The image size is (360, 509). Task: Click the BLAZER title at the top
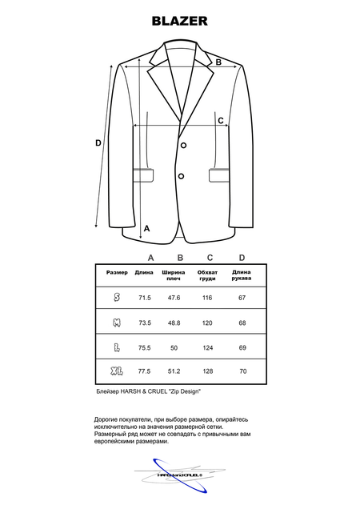(x=180, y=21)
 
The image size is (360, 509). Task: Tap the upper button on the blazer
(x=183, y=145)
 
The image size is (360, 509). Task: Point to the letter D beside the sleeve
(x=98, y=143)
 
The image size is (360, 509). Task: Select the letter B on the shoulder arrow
(x=218, y=62)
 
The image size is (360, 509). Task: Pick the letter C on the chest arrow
(x=222, y=120)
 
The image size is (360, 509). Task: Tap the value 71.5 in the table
(x=145, y=297)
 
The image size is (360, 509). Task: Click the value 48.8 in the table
(x=174, y=323)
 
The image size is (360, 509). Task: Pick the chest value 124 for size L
(x=208, y=348)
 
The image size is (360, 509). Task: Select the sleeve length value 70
(x=242, y=371)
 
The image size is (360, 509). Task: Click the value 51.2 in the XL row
(x=174, y=371)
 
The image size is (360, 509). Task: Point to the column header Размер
(x=117, y=273)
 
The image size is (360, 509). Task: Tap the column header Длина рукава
(x=242, y=276)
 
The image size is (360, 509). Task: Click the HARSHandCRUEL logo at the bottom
(x=181, y=475)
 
